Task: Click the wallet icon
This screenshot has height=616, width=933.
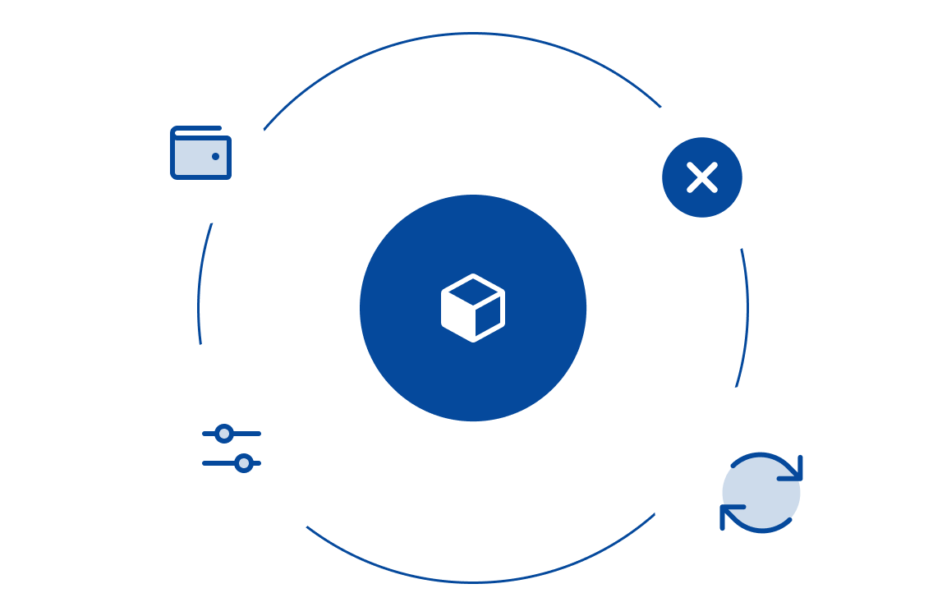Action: (200, 154)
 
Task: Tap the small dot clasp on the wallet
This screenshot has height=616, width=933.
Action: (215, 156)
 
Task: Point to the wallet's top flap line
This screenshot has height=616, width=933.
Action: (197, 129)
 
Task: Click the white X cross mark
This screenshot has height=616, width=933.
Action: (702, 177)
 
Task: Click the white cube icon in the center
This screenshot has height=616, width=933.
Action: (473, 308)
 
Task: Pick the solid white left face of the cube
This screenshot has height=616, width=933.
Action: (457, 317)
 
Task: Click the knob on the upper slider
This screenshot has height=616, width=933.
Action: (224, 434)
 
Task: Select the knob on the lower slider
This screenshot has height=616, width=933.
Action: (243, 463)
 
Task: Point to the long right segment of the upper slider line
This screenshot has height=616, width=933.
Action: (246, 434)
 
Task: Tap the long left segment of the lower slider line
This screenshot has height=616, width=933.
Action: (218, 463)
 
